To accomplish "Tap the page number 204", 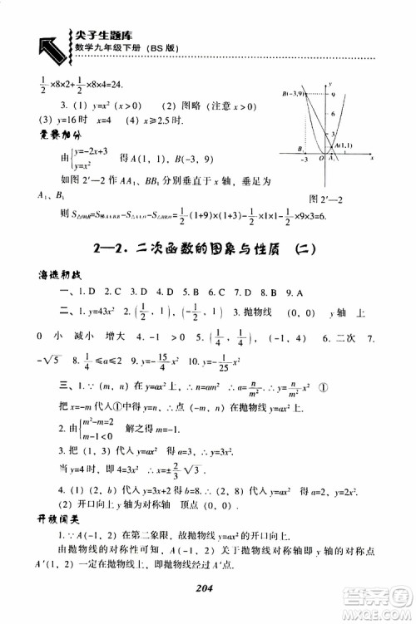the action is tap(208, 586).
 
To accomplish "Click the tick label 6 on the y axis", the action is tap(334, 115).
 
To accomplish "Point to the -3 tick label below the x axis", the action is tap(305, 160).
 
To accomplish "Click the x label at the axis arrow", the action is tap(372, 157).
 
